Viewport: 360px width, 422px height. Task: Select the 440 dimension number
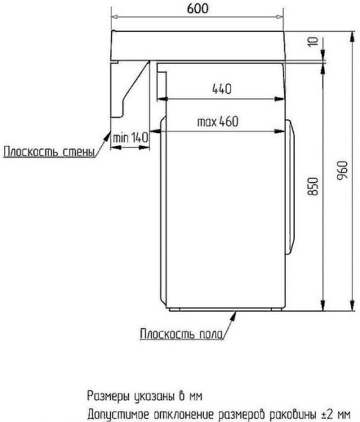[x=221, y=89]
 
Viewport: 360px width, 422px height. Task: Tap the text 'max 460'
[x=218, y=121]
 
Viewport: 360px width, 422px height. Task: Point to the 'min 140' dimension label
[x=130, y=138]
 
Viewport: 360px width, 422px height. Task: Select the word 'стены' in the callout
[x=79, y=151]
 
